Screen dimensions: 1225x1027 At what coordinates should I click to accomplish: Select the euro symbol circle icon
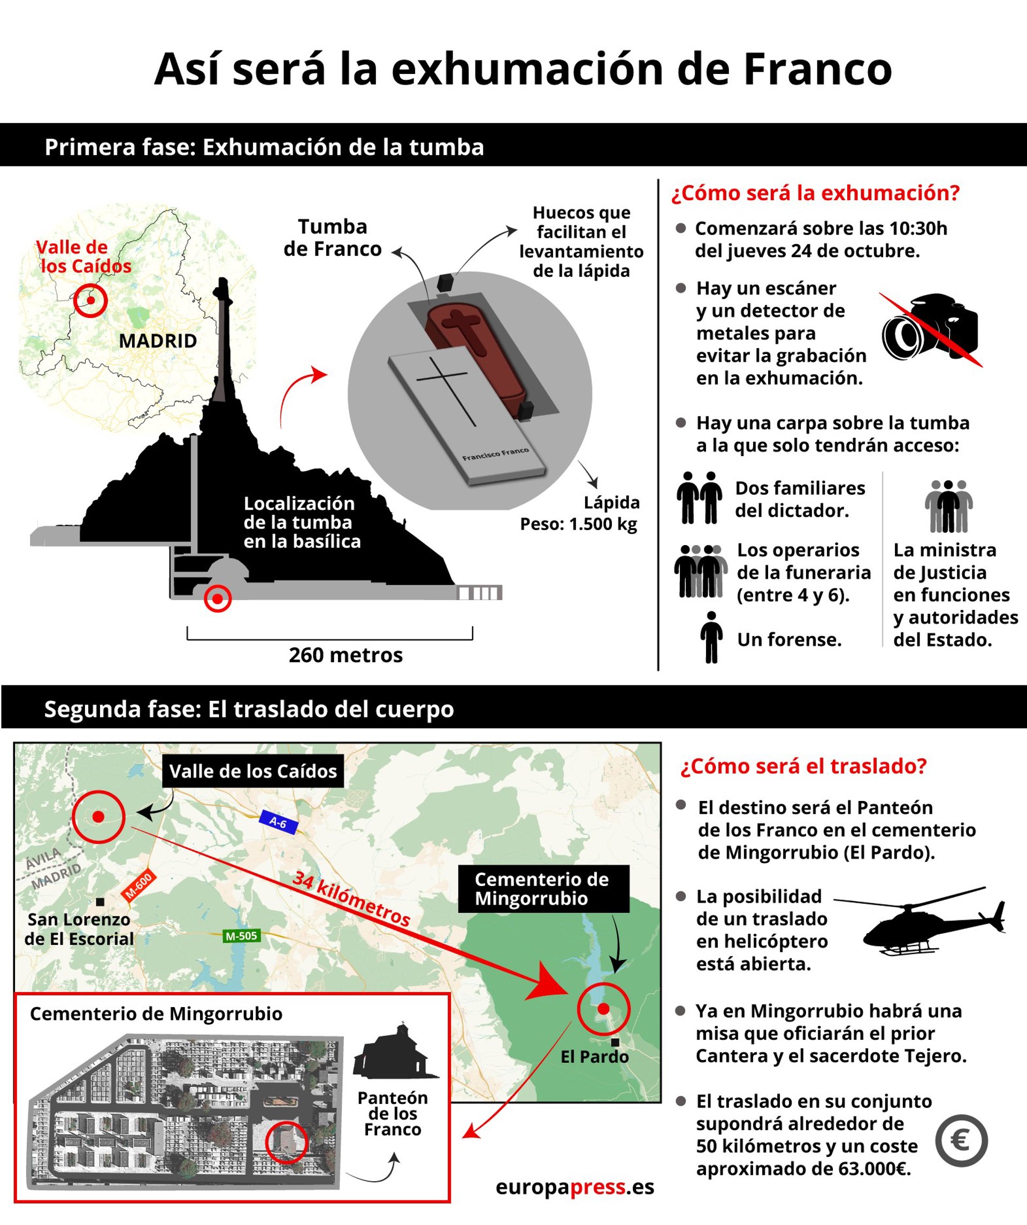pos(961,1141)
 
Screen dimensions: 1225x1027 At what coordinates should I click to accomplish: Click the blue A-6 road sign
pos(278,822)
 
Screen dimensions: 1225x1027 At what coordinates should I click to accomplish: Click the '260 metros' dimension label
pos(346,655)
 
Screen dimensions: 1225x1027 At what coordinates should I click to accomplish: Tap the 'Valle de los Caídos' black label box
pos(253,771)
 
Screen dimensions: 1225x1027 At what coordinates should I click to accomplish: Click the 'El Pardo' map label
pos(594,1056)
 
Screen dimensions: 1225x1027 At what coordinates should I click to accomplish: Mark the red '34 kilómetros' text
pos(351,899)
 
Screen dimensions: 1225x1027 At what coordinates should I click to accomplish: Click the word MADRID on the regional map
pos(158,341)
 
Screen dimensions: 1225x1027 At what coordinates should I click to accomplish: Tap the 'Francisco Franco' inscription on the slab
pos(495,454)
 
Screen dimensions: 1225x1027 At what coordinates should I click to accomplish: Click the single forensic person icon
pos(711,638)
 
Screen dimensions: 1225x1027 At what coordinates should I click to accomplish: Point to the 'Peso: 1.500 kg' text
pos(578,524)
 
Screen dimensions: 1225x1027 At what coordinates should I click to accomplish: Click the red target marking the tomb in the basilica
pos(217,599)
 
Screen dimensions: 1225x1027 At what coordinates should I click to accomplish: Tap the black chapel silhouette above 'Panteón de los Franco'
pos(395,1052)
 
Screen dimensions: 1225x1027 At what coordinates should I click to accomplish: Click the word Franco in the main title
pos(817,69)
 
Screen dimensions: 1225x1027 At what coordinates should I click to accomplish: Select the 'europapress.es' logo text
pos(574,1187)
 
